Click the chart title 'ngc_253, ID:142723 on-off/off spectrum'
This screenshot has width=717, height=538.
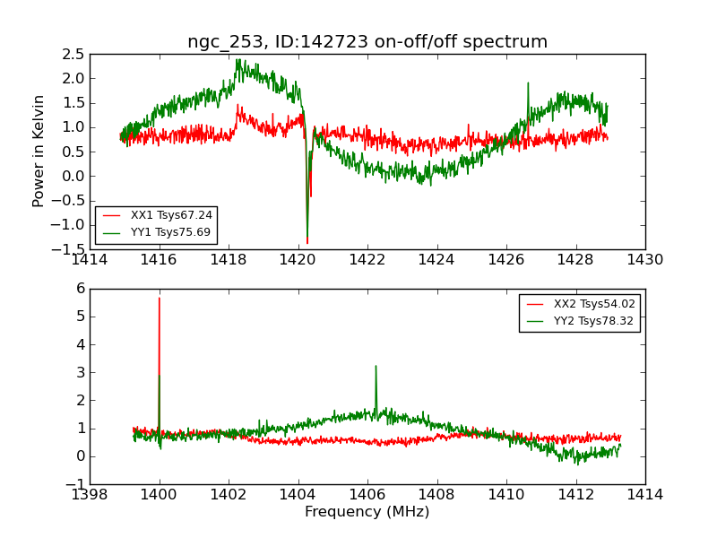point(367,41)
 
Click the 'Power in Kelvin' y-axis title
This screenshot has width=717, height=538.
point(39,151)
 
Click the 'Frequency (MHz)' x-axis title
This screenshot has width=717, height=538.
point(367,512)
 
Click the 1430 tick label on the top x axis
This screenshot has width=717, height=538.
point(644,259)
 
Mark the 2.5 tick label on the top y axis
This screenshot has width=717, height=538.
point(73,54)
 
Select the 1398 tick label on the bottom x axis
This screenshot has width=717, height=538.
point(90,494)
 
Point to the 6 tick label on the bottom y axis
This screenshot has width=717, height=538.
point(80,289)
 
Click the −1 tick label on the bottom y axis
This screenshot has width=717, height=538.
point(75,484)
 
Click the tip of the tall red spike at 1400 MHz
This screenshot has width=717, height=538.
point(160,298)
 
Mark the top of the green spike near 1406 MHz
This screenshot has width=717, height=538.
point(376,366)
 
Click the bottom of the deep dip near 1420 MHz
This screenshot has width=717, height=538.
point(307,243)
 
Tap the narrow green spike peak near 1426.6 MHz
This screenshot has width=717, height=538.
point(528,83)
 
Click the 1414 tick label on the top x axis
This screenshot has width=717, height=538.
point(90,259)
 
